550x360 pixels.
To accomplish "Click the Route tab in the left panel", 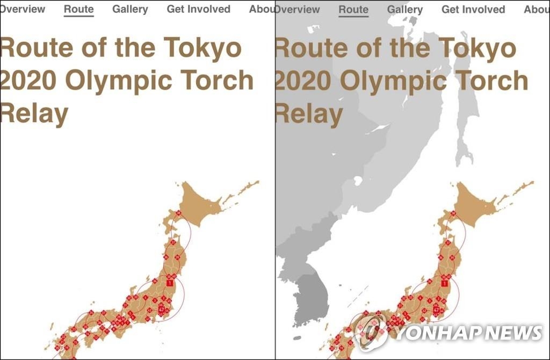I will click(x=78, y=10).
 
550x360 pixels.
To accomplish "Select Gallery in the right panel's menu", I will click(x=405, y=10).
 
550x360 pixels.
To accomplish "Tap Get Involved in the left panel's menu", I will click(x=198, y=10).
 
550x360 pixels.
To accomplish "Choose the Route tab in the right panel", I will click(x=353, y=10).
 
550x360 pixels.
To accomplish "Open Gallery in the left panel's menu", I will click(x=130, y=10).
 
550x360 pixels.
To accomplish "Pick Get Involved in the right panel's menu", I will click(x=473, y=10).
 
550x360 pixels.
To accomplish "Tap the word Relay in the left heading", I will click(x=34, y=114).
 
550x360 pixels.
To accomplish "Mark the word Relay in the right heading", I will click(x=309, y=114).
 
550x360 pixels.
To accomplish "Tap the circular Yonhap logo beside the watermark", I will click(x=371, y=330).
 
